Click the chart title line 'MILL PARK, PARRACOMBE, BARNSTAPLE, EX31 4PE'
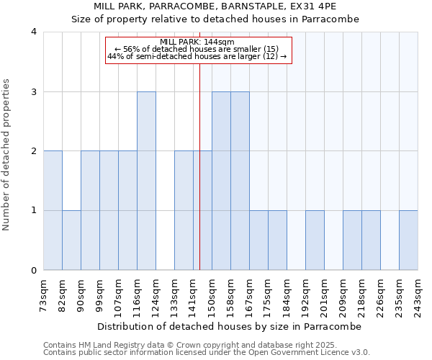216,6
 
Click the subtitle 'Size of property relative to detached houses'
216,19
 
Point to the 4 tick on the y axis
34,32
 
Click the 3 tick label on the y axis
34,92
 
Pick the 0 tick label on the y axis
34,271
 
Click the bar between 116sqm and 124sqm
146,181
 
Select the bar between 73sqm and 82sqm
53,211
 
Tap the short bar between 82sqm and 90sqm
71,240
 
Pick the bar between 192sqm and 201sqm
315,240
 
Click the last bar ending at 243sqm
408,240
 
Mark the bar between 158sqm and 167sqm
240,181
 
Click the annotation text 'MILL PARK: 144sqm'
198,42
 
